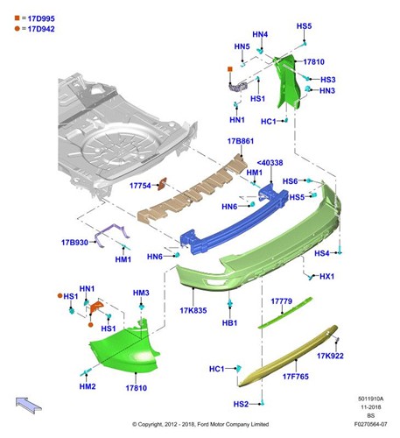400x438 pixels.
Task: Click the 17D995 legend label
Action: (41, 18)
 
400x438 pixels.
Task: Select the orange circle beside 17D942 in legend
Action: (18, 29)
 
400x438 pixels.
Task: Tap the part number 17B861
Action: (241, 141)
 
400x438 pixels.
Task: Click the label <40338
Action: (270, 163)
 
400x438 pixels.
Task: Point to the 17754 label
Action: (140, 186)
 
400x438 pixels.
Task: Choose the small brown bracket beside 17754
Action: (162, 184)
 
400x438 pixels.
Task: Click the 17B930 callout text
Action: (74, 243)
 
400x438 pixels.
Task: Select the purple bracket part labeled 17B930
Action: (112, 234)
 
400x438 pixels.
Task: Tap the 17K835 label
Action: (193, 310)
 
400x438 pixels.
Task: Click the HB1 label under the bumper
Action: (229, 323)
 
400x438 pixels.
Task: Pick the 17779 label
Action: (281, 301)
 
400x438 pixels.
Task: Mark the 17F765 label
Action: (295, 377)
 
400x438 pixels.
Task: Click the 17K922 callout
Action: (330, 356)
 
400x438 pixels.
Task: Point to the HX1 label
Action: (326, 276)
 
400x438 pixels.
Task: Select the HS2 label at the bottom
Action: (241, 404)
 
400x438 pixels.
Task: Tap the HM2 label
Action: (88, 386)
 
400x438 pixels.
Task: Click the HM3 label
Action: (141, 293)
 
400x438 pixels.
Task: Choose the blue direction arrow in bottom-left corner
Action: (29, 406)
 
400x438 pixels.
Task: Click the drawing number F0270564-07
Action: (370, 424)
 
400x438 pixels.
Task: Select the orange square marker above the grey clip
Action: (230, 69)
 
